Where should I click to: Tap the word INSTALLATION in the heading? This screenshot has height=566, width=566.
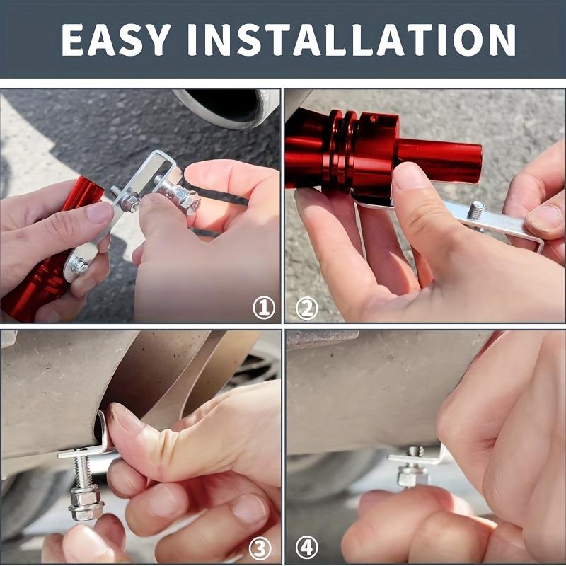(376, 40)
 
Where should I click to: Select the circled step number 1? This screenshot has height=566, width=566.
(263, 307)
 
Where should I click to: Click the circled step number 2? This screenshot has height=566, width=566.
(306, 307)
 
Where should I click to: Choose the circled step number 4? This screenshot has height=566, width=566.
(306, 546)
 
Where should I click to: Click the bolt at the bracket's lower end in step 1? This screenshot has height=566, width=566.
(79, 266)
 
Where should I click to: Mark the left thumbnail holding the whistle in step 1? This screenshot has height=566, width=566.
(99, 212)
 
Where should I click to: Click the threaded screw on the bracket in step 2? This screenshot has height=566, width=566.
(476, 210)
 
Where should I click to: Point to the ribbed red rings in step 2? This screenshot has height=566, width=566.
(340, 149)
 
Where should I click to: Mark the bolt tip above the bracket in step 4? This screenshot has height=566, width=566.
(415, 451)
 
